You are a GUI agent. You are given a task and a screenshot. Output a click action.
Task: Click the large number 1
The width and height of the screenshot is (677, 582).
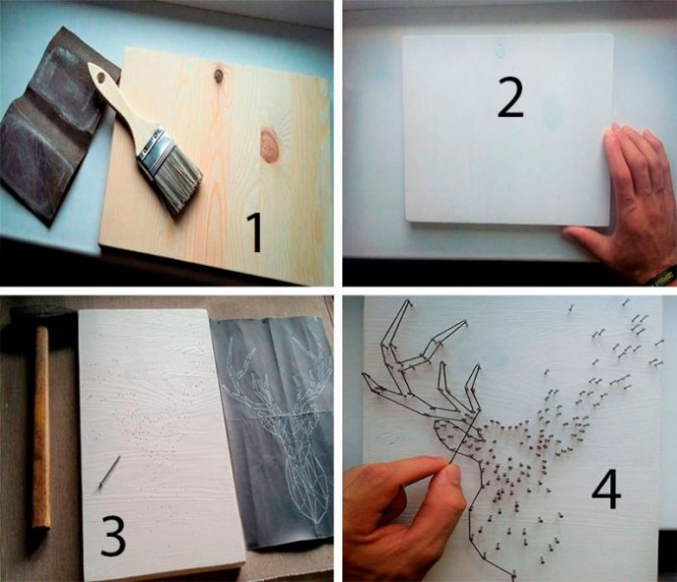(256, 233)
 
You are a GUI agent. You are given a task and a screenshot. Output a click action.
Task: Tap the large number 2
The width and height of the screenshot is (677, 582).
(510, 97)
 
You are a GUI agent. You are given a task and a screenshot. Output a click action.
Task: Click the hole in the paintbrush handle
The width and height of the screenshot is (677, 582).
(101, 79)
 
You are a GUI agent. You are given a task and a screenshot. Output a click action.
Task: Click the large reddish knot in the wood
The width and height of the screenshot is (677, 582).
(269, 145)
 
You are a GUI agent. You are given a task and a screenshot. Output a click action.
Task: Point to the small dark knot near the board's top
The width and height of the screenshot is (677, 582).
(219, 76)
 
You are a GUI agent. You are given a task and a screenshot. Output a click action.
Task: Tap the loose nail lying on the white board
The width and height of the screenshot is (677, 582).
(109, 472)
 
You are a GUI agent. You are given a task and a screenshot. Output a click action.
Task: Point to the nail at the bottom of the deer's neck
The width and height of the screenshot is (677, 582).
(513, 575)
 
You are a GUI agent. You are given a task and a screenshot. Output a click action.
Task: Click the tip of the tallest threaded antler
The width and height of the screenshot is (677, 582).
(408, 301)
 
